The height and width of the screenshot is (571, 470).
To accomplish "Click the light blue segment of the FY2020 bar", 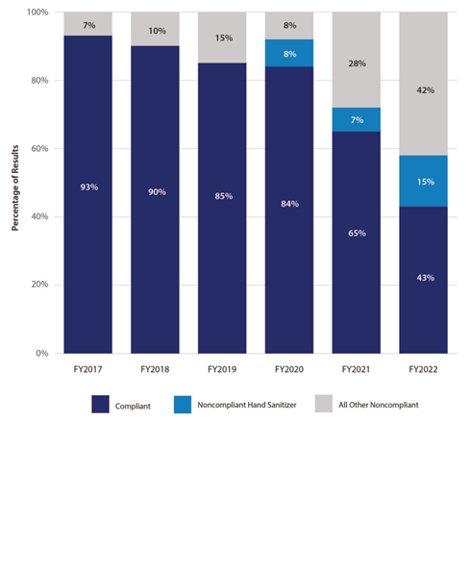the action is pos(289,53).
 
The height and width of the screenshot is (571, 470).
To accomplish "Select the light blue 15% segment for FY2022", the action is pos(423,181).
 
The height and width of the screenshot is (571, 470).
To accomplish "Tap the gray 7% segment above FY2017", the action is pos(88,24).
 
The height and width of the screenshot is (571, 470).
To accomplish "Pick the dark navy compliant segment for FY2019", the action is pos(222,208).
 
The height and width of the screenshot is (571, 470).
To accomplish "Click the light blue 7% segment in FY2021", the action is pos(356,119).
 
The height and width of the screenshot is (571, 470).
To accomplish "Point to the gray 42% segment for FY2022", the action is pos(423,84).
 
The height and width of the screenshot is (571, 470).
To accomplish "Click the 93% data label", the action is pos(89,187).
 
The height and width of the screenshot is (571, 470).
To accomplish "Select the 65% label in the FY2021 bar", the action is pos(357,233).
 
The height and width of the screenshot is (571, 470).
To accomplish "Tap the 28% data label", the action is pos(357,63).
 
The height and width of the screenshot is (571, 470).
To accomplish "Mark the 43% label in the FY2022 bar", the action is pos(425,278).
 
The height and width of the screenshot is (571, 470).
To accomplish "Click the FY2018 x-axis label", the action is pos(155,369).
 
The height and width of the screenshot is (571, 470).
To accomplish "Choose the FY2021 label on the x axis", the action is pos(356,369).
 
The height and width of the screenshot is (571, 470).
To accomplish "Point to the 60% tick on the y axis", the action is pos(39,149).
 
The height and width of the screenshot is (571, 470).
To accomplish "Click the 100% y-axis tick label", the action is pos(37,12).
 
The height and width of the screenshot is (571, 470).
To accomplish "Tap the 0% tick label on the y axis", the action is pos(42,353).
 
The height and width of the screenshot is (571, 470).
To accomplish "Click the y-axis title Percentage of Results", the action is pos(15,187).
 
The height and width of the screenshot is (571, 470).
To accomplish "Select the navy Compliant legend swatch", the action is pos(101,404).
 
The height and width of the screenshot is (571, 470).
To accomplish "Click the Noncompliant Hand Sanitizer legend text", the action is pos(247,405).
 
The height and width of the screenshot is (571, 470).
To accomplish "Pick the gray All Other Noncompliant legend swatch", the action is pos(324,404).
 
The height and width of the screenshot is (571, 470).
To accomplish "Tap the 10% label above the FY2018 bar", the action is pos(157,31).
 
